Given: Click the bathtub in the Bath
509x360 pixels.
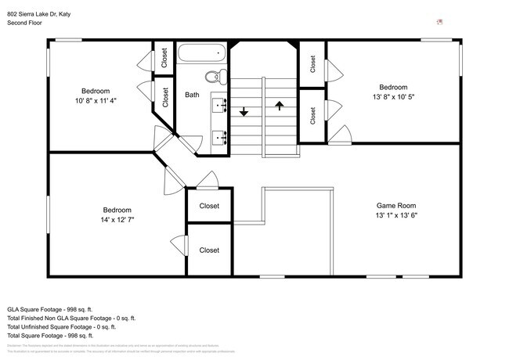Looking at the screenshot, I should [201, 55].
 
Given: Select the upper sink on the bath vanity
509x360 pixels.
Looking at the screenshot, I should [219, 102].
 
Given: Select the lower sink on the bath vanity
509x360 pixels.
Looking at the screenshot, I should [219, 138].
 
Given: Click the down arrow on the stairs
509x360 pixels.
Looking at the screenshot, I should [244, 111].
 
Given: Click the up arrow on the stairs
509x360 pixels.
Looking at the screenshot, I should [280, 105].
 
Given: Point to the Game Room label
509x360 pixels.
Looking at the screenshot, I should [395, 206].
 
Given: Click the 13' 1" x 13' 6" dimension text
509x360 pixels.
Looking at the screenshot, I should [395, 216].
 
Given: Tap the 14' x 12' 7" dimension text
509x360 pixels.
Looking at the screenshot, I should [117, 220].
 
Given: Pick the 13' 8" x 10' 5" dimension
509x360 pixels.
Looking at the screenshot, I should [393, 97].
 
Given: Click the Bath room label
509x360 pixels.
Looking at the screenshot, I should [192, 95].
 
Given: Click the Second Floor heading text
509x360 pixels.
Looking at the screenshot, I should [25, 23].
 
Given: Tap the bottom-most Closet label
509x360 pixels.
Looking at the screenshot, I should [209, 250].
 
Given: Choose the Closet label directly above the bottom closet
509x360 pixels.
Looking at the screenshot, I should [209, 206].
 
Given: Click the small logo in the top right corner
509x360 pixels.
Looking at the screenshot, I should [441, 23].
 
